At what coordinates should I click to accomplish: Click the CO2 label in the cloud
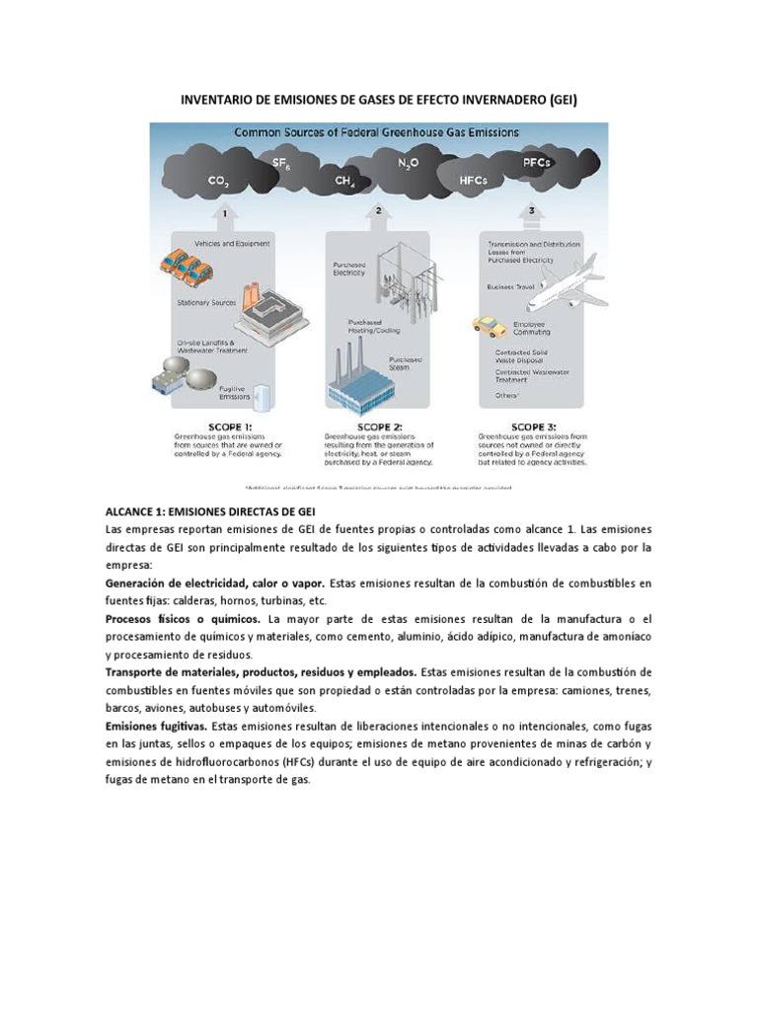click(219, 182)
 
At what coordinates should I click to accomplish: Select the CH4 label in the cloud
click(344, 182)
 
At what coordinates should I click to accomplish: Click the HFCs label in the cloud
click(474, 182)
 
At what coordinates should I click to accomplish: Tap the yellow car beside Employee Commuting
click(489, 325)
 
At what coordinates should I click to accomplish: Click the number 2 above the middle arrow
click(378, 210)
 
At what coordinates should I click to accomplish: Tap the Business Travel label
click(510, 287)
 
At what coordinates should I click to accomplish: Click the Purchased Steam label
click(407, 362)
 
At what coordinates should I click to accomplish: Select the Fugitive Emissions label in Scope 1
click(234, 393)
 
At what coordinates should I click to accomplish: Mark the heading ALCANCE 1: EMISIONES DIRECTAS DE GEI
click(209, 511)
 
